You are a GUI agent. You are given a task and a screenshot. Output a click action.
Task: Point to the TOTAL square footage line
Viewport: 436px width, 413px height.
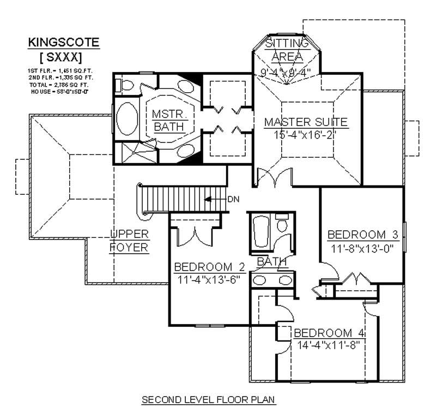click(x=57, y=85)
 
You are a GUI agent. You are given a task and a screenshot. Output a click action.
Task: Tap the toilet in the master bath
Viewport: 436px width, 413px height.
click(x=126, y=85)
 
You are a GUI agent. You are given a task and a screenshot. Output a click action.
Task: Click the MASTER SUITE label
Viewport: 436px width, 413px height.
click(x=305, y=121)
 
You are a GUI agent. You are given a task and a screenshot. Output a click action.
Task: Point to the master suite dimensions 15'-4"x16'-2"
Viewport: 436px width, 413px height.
click(x=305, y=134)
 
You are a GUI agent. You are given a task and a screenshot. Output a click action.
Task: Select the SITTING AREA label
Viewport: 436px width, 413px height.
click(x=286, y=49)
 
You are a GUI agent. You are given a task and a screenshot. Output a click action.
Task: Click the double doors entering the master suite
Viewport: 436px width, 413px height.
click(x=271, y=178)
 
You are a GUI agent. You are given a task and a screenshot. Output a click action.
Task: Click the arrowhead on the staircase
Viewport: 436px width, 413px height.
click(x=208, y=199)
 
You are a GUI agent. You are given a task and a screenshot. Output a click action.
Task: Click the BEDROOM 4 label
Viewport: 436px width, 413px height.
click(x=329, y=333)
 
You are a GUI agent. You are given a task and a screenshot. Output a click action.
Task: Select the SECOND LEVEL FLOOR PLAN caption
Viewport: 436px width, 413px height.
click(x=209, y=400)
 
